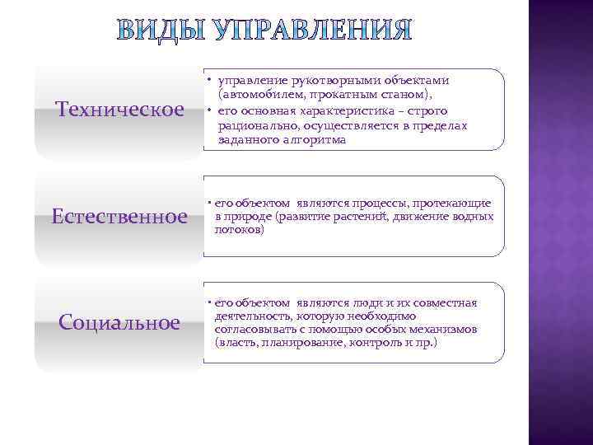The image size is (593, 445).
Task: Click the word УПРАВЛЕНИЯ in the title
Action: [312, 31]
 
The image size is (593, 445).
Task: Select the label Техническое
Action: [119, 110]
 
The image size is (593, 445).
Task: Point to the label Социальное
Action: [120, 321]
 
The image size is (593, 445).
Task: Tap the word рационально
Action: [258, 125]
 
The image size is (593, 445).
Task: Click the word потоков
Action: [237, 231]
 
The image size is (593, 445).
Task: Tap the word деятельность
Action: [250, 316]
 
